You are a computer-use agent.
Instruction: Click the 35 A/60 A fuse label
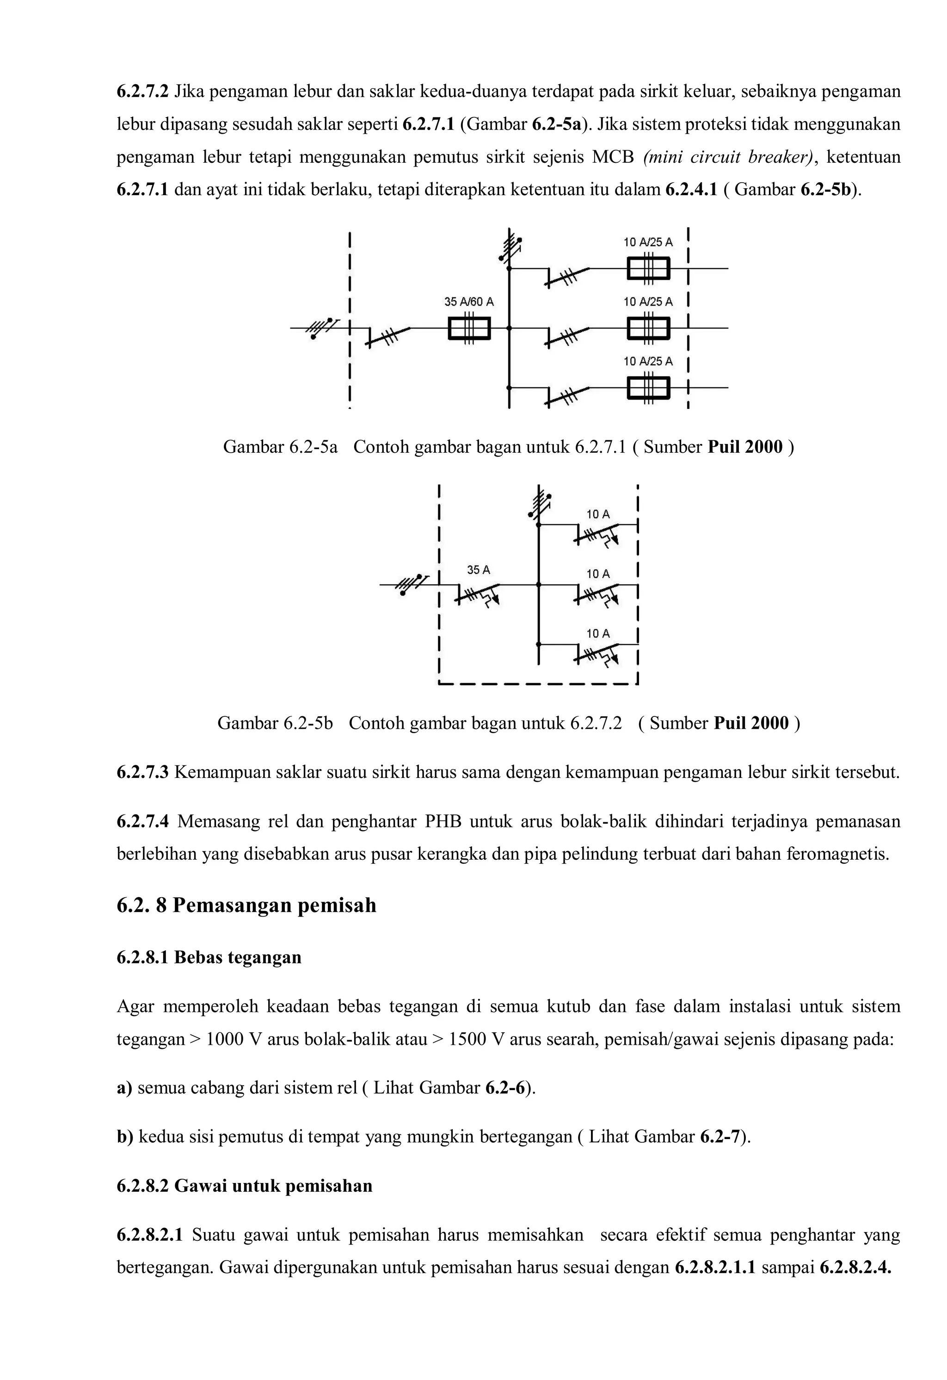(x=468, y=302)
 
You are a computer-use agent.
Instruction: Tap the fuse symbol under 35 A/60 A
(x=469, y=328)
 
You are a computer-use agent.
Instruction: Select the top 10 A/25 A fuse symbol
(x=648, y=268)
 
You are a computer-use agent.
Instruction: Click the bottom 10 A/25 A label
(x=648, y=361)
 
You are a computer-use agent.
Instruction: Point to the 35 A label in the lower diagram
(x=479, y=570)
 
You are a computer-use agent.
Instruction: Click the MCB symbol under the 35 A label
(x=479, y=594)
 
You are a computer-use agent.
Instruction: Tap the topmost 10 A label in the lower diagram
(x=598, y=514)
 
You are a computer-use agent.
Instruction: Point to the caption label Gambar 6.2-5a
(x=280, y=447)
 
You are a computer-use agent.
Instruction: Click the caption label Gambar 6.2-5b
(x=275, y=723)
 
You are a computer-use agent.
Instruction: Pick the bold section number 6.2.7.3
(x=142, y=772)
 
